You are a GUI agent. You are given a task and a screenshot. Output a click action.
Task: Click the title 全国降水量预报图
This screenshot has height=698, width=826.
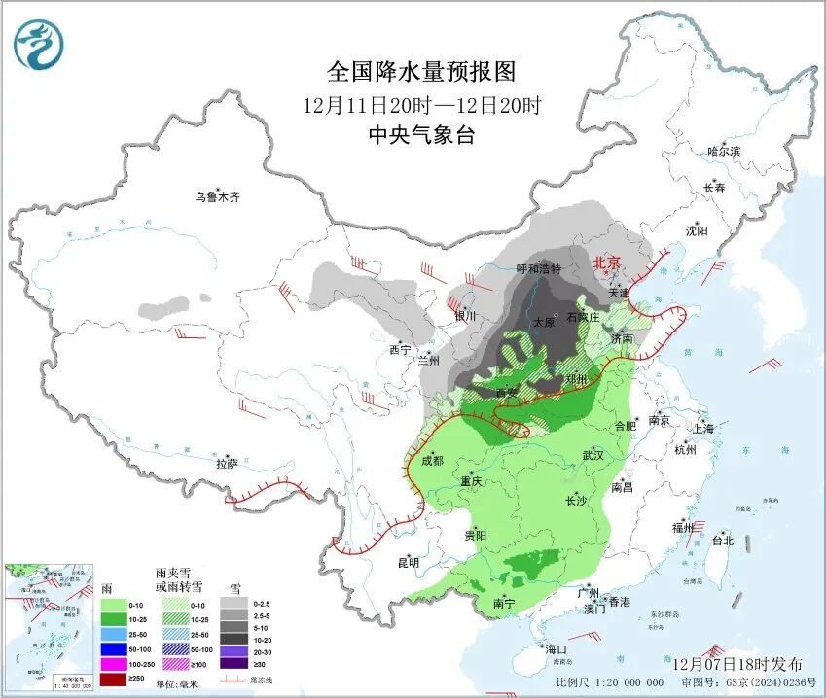point(420,71)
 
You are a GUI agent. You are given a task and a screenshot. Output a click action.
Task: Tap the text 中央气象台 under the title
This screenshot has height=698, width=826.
point(420,135)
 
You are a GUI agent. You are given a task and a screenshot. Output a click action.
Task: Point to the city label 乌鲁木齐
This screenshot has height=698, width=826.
point(216,197)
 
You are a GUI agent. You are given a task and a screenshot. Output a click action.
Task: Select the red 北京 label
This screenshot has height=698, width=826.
point(607,262)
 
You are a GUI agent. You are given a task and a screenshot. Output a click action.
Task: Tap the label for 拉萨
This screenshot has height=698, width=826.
point(227,464)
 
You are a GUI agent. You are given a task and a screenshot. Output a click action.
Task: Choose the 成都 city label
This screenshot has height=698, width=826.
point(433,461)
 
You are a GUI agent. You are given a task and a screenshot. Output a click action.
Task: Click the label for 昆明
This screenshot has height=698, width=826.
point(408,562)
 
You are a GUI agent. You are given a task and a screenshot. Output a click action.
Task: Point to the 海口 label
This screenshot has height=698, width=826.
point(556,648)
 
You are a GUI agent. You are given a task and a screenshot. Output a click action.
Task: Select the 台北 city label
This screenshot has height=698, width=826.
point(722,541)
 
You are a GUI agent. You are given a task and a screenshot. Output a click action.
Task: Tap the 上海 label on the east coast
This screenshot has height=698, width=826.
point(702,429)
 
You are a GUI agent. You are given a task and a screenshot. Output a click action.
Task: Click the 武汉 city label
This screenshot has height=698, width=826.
point(593,455)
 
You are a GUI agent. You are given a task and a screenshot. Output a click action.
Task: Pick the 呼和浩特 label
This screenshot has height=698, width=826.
point(538,269)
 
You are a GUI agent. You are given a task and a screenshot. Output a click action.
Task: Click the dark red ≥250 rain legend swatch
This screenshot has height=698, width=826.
point(115,678)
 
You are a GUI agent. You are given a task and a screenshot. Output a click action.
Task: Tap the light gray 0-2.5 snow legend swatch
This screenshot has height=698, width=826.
point(233,602)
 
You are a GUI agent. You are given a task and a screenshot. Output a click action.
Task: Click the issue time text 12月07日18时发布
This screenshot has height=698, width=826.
point(738,664)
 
